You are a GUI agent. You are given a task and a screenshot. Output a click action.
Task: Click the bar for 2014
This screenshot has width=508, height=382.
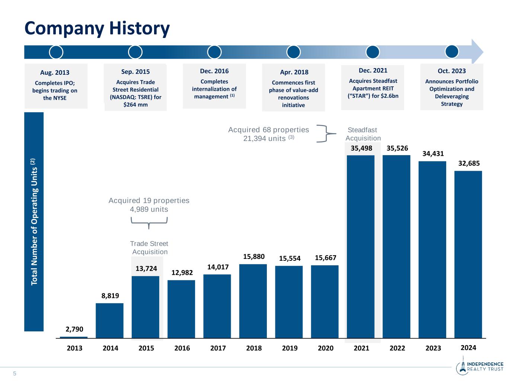(109, 320)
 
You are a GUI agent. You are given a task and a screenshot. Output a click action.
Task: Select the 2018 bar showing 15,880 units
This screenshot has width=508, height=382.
(253, 301)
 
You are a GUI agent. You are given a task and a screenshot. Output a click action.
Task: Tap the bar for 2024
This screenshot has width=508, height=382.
(468, 254)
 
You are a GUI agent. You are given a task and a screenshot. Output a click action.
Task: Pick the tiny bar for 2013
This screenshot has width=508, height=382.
(74, 337)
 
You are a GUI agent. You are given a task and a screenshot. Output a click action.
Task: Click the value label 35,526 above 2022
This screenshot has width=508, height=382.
(397, 148)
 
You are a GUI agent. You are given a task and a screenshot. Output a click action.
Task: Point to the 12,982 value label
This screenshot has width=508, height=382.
(182, 273)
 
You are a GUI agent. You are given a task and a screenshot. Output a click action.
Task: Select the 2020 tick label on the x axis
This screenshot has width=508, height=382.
(326, 348)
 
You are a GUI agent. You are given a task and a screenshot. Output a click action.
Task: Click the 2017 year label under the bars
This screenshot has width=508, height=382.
(218, 348)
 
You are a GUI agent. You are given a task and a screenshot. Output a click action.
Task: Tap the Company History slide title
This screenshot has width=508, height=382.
(97, 28)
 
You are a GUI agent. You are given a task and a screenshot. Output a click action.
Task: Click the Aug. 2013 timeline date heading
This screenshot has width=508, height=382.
(55, 73)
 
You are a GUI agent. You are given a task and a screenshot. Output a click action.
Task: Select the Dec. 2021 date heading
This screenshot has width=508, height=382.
(373, 70)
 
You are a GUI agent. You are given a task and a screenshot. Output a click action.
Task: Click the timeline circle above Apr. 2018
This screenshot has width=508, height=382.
(294, 52)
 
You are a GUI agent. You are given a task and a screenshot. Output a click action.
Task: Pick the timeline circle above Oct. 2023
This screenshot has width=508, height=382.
(452, 52)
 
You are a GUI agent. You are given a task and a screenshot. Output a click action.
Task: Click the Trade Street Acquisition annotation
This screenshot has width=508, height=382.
(149, 248)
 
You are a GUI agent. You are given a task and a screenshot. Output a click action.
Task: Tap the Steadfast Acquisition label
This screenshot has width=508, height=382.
(363, 134)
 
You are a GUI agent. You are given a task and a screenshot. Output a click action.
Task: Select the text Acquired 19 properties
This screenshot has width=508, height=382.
(149, 200)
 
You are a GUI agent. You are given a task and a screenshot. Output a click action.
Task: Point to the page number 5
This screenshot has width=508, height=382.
(15, 374)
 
